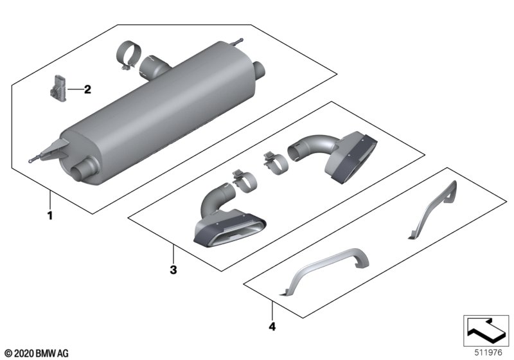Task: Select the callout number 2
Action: (88, 89)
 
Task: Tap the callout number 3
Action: (172, 270)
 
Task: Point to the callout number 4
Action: (272, 327)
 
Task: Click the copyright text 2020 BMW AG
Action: (36, 353)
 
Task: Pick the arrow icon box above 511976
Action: (486, 328)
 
